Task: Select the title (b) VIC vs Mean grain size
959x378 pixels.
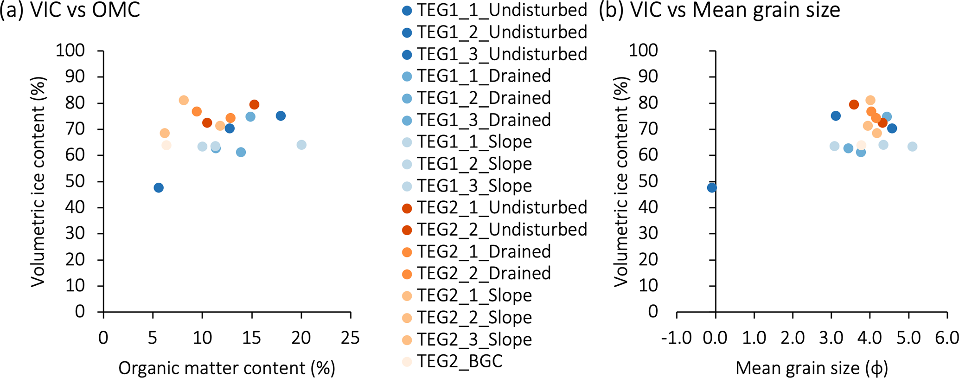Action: point(719,10)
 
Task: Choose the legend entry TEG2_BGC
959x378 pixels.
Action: point(459,361)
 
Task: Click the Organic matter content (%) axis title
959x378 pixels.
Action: point(227,368)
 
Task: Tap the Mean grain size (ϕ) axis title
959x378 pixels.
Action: point(812,368)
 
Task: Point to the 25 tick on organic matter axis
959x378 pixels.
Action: point(351,338)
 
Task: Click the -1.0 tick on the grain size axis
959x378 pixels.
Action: point(676,338)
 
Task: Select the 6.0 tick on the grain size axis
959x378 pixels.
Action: point(946,338)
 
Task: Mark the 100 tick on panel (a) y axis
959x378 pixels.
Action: point(70,50)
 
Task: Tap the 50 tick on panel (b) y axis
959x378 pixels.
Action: point(648,181)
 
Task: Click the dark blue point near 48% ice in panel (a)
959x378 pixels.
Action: point(159,188)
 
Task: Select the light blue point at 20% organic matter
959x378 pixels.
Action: point(301,145)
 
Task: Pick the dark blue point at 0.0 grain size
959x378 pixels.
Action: point(712,188)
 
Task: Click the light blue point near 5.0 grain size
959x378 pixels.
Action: point(912,147)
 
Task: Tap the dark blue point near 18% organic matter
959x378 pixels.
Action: point(281,116)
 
